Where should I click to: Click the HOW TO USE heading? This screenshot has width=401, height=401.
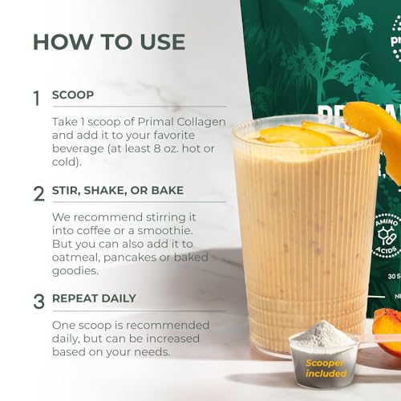tap(108, 42)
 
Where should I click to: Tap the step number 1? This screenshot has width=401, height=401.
tap(36, 98)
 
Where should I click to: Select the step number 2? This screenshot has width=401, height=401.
tap(38, 193)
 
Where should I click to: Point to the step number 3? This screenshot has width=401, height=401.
tap(38, 302)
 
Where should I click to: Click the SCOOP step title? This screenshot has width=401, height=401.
tap(72, 95)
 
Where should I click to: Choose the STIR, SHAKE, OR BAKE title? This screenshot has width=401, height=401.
tap(117, 191)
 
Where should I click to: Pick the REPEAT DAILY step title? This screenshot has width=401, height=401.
tap(94, 298)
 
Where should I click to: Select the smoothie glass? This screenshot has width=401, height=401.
tap(305, 233)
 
